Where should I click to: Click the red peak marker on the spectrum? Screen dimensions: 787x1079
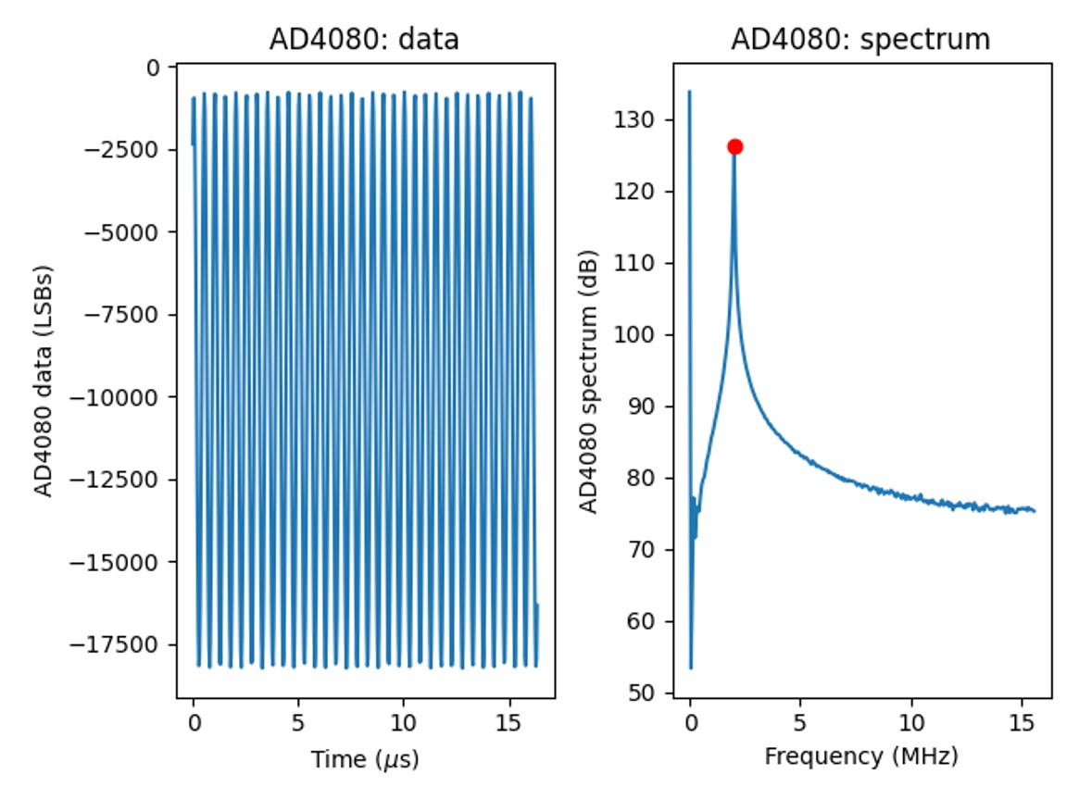(x=734, y=146)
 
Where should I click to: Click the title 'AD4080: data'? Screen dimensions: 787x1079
(x=364, y=40)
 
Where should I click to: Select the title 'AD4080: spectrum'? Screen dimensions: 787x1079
(x=860, y=40)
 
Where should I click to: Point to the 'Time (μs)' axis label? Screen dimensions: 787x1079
(x=365, y=760)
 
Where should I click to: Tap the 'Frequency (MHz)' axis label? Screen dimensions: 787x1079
(x=860, y=756)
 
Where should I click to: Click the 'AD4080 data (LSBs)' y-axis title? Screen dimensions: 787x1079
(x=44, y=381)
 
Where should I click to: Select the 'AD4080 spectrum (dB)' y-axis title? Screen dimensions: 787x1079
(x=588, y=381)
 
